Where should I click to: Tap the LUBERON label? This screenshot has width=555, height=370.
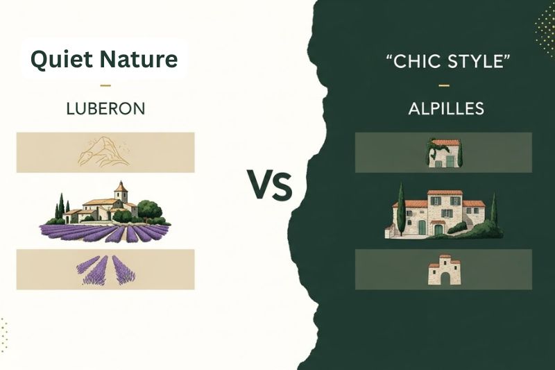coord(105,109)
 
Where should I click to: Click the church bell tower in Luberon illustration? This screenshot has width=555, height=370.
coord(121,191)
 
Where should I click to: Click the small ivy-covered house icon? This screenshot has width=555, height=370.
coord(443,153)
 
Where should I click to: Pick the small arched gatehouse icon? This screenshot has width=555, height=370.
coord(444,271)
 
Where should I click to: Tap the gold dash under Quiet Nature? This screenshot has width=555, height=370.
coord(105,86)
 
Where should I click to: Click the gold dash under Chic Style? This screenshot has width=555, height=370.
coord(444,86)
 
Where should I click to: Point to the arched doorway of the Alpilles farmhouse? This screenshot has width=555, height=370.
coord(438,228)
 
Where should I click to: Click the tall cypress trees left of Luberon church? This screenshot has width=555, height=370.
coord(61,205)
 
